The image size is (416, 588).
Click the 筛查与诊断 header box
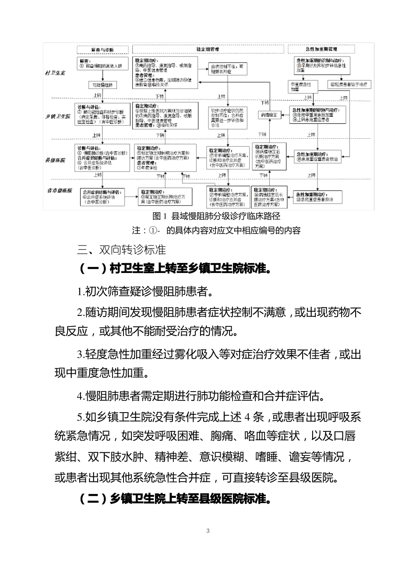[x=102, y=49]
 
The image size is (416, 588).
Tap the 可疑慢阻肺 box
[x=102, y=85]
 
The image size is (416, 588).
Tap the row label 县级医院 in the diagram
[x=56, y=160]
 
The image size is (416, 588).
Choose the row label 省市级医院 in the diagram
[x=60, y=191]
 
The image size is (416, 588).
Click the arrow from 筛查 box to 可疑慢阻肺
[x=102, y=76]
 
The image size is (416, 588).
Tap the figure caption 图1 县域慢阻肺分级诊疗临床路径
[x=216, y=216]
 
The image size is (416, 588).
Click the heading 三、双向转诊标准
[x=121, y=249]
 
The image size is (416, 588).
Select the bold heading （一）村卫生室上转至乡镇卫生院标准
[x=174, y=268]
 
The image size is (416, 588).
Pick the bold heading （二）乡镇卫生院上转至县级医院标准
[x=174, y=499]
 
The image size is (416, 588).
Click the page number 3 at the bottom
[x=208, y=531]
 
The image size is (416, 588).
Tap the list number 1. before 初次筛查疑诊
[x=80, y=292]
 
